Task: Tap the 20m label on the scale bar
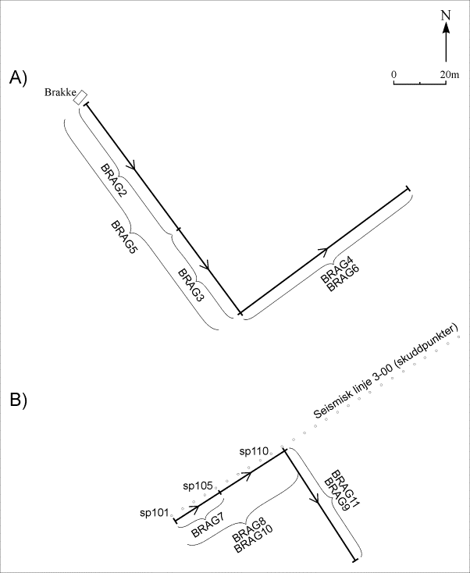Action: (449, 73)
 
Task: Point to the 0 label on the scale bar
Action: (394, 73)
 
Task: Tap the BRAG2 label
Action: (114, 180)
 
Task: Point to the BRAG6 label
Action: (343, 279)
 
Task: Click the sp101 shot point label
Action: (155, 513)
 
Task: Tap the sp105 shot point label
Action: (198, 486)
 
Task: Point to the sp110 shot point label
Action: (255, 450)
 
